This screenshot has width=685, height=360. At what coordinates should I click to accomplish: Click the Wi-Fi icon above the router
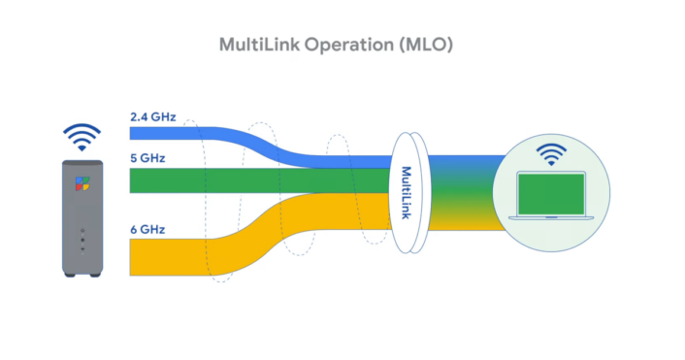[x=82, y=136]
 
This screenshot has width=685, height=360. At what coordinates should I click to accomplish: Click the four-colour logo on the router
[x=82, y=182]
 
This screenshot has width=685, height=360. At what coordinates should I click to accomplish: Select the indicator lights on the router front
[x=82, y=239]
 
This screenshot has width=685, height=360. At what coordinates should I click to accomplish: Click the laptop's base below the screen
[x=552, y=224]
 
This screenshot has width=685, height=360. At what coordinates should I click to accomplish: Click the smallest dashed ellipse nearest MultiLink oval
[x=339, y=190]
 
